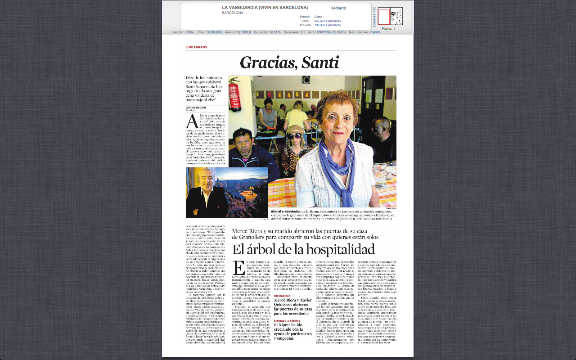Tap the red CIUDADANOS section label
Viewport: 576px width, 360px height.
tap(196, 47)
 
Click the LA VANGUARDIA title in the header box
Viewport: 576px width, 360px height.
tap(265, 8)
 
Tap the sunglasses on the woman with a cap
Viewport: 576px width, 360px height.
tap(294, 136)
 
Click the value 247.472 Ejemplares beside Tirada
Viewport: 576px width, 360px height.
tap(328, 21)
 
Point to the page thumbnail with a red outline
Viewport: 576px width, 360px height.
tap(383, 17)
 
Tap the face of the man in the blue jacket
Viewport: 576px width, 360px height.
tap(243, 139)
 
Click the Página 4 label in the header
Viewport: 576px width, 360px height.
tap(388, 28)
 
